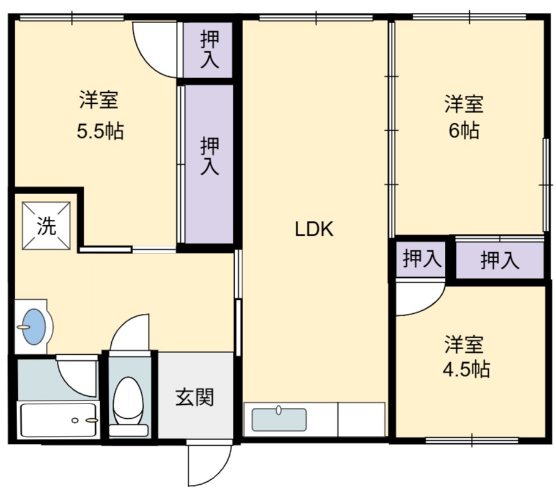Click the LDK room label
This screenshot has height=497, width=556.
tap(314, 229)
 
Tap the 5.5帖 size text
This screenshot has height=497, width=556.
tap(100, 132)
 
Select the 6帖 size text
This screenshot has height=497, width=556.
tap(464, 131)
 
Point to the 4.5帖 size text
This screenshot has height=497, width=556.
tap(466, 369)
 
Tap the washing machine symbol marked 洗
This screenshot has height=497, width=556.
tap(46, 226)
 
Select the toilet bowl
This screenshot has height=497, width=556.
tap(128, 401)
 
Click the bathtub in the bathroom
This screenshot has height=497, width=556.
tap(59, 420)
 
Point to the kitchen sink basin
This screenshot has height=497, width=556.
tap(279, 419)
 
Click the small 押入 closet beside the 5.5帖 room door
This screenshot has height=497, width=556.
tap(208, 50)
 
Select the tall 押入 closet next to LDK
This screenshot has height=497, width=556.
tap(209, 164)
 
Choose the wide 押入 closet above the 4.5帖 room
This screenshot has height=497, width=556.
tap(500, 260)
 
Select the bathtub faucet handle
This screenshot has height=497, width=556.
tap(92, 421)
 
